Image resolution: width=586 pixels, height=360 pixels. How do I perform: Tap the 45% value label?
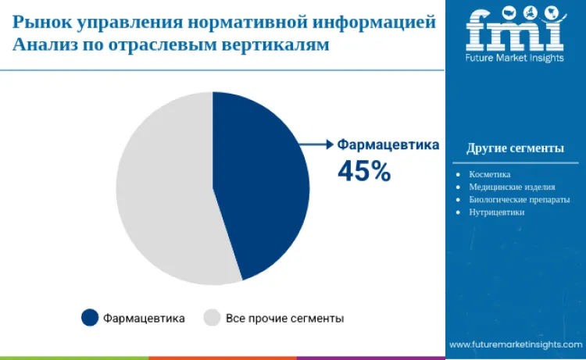pos(363,171)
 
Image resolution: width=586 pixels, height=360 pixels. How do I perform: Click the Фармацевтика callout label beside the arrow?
pos(388,144)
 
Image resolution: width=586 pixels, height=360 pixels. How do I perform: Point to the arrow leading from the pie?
pos(316,144)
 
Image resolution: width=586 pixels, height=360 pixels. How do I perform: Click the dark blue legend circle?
pos(90,318)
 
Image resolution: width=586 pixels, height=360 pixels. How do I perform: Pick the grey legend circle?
pos(212,318)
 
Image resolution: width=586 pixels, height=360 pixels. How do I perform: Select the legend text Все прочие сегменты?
pos(284,319)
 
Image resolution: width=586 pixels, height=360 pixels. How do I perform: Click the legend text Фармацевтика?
pos(144,319)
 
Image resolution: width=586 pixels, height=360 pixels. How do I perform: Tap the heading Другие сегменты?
pos(515,148)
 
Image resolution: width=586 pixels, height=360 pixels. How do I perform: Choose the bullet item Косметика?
pos(489,174)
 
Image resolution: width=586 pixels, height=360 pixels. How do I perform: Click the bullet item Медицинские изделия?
pos(512,187)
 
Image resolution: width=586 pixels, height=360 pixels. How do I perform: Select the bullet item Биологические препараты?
pos(513,199)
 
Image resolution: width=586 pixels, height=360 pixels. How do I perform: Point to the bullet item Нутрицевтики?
pos(496,212)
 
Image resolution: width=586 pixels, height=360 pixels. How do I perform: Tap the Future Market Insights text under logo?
pos(514,58)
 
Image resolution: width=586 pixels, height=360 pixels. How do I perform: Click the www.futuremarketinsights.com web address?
pos(515,344)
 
